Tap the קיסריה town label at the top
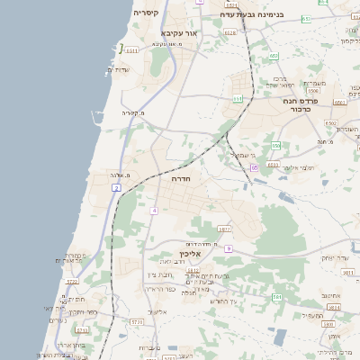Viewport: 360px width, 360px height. pos(147,13)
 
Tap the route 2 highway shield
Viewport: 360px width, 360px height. pos(116,187)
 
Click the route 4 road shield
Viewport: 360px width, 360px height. pos(154,211)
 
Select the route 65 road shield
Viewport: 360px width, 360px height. pos(255,167)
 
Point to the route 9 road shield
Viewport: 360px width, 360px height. pos(229,248)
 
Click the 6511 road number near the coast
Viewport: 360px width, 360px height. pos(132,51)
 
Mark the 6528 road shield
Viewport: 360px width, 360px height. pos(230,32)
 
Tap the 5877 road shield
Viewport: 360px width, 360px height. pos(224,229)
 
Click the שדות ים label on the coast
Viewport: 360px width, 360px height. pos(120,70)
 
